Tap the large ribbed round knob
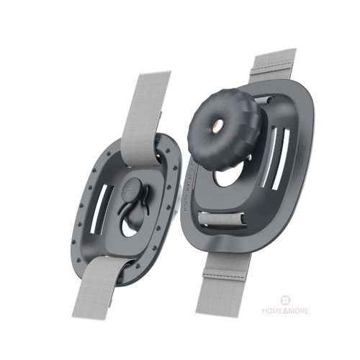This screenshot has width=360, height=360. tap(225, 130)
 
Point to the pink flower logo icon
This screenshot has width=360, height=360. tap(285, 300)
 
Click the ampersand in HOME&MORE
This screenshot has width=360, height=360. tap(284, 311)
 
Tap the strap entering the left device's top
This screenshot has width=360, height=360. tap(144, 113)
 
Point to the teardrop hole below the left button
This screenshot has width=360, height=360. tap(129, 228)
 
